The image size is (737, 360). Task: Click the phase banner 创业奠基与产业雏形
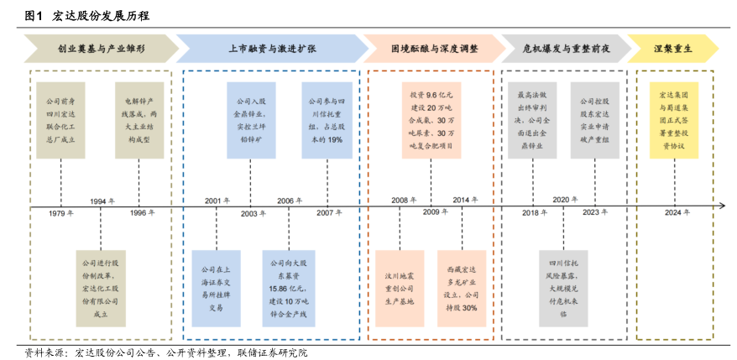pos(100,49)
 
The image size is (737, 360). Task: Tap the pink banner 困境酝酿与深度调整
pos(434,49)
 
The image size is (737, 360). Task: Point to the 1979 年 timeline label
pos(60,213)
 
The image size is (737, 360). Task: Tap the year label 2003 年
pos(253,213)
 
